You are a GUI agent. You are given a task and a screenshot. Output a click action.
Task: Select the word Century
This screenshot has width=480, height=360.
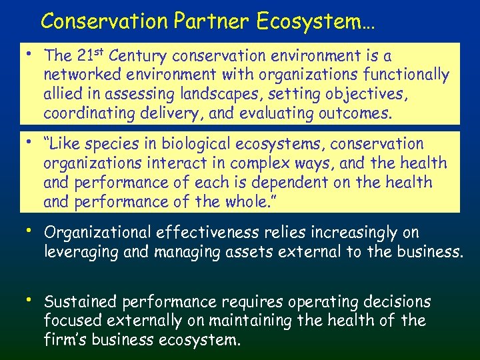139,55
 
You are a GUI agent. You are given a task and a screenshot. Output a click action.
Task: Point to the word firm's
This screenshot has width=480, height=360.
68,340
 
